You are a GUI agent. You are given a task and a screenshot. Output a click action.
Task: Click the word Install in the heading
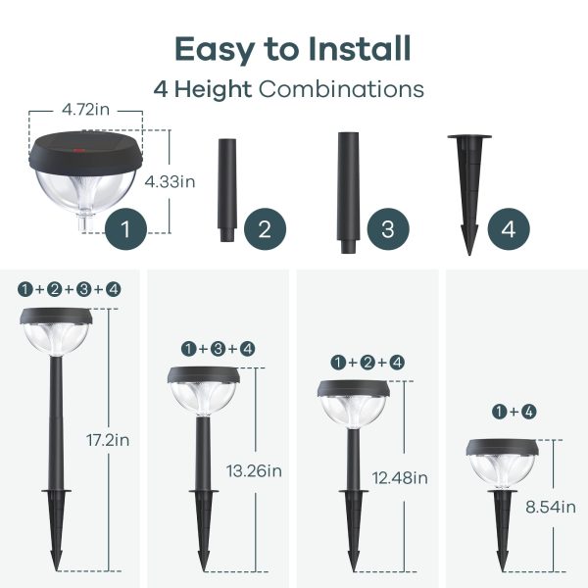click(360, 49)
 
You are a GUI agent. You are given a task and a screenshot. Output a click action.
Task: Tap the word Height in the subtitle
click(213, 89)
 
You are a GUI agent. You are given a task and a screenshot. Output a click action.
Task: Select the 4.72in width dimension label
click(86, 110)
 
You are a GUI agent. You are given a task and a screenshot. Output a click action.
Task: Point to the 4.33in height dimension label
click(170, 182)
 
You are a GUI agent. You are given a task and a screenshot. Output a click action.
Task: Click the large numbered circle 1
click(125, 228)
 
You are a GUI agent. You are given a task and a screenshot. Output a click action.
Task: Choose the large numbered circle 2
click(265, 228)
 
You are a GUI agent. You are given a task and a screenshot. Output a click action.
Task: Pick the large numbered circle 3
click(388, 228)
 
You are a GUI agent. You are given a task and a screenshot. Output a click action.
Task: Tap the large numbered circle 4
click(509, 228)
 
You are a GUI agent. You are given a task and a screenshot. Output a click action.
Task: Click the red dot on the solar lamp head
click(78, 151)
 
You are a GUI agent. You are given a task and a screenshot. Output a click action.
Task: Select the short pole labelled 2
click(227, 190)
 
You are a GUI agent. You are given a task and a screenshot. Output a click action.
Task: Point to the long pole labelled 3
click(348, 193)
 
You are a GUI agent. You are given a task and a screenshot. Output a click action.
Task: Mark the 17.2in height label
click(108, 440)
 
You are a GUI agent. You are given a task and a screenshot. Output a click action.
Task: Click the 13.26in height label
click(254, 471)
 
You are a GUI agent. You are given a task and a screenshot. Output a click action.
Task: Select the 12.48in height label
click(400, 478)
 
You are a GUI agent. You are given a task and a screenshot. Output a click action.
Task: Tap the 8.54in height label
click(551, 507)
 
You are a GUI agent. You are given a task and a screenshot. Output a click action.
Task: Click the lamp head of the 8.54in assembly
click(503, 464)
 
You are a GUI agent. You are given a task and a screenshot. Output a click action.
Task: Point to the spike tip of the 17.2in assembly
click(56, 570)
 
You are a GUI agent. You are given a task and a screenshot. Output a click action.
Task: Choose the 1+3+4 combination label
click(218, 349)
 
